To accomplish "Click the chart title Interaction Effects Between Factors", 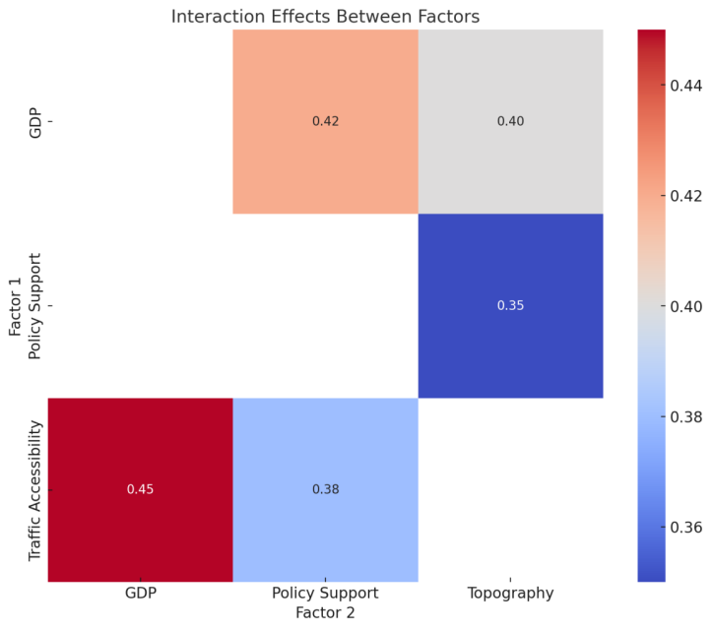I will (x=325, y=16).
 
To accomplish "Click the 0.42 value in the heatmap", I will (x=325, y=121).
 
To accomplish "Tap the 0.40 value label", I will (x=510, y=121).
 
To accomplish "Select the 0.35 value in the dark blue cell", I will (x=510, y=305).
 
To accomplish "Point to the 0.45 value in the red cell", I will (x=140, y=489).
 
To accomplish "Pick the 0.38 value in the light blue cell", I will (x=325, y=489).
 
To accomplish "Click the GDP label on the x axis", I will (x=140, y=594).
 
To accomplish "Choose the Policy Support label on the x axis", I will (x=325, y=594).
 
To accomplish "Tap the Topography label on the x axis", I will (x=510, y=594).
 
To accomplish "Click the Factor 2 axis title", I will (x=325, y=612).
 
